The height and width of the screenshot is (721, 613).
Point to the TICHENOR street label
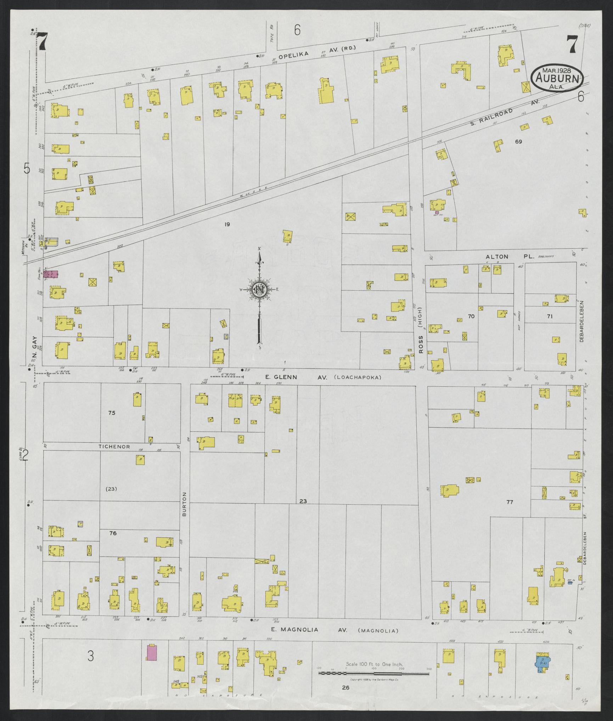pyautogui.click(x=114, y=447)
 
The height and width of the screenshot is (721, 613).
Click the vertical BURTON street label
pyautogui.click(x=184, y=504)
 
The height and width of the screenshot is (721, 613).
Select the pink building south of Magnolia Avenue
pyautogui.click(x=152, y=658)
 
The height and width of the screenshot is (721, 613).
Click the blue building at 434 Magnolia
pyautogui.click(x=542, y=663)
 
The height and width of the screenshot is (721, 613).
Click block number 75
pyautogui.click(x=112, y=413)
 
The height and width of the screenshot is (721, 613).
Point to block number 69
pyautogui.click(x=519, y=142)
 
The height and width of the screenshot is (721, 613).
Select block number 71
pyautogui.click(x=549, y=316)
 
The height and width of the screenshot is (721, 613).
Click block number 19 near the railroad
pyautogui.click(x=227, y=224)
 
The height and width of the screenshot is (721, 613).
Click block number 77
pyautogui.click(x=510, y=502)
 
